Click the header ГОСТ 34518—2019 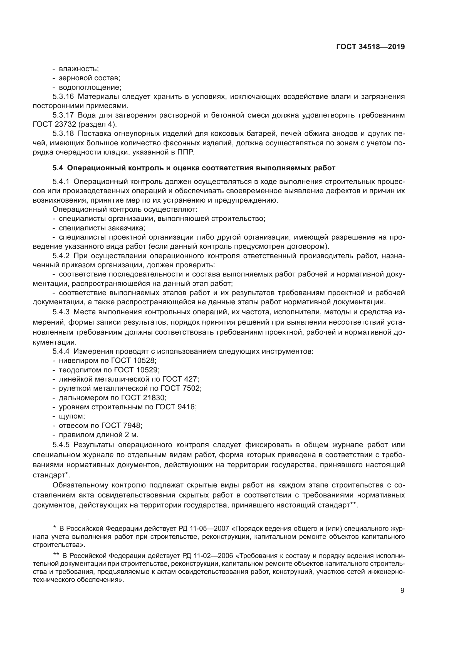tap(370, 47)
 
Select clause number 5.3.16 tap(63, 96)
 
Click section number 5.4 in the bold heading tap(58, 168)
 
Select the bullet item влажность tap(78, 69)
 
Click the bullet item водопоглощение tap(90, 87)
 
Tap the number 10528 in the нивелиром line tap(146, 361)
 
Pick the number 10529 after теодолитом tap(149, 370)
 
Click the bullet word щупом tap(72, 416)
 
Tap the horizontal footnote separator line tap(61, 520)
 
